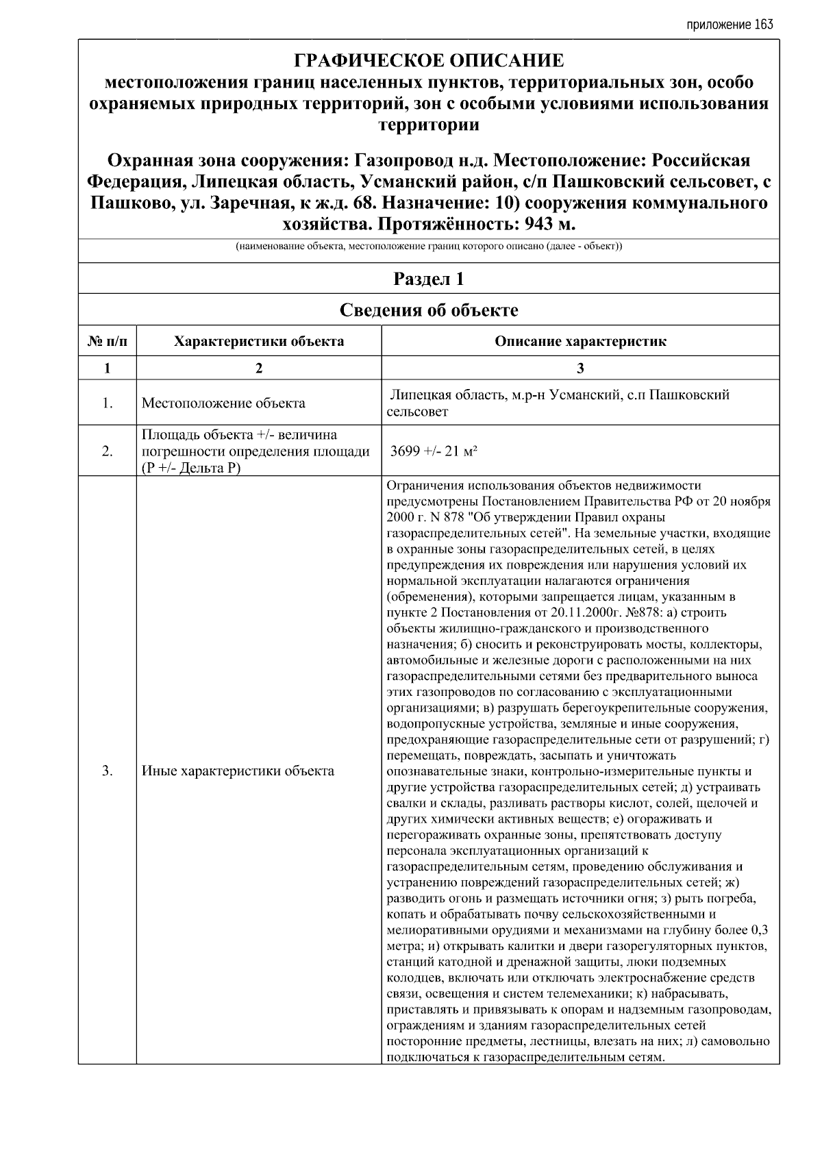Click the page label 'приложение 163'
tap(729, 25)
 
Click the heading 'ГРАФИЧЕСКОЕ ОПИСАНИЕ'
tap(429, 61)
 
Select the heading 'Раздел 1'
tap(429, 279)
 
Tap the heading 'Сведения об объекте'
tap(429, 310)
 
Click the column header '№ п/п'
tap(108, 341)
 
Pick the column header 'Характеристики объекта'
tap(259, 341)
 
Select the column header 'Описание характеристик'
tap(580, 341)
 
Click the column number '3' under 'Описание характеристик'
tap(580, 368)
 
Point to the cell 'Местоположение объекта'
tap(223, 403)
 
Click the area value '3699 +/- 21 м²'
tap(434, 451)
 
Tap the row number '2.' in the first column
tap(108, 451)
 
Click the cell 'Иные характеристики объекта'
tap(238, 771)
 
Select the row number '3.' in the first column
tap(108, 771)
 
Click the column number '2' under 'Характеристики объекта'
tap(259, 368)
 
